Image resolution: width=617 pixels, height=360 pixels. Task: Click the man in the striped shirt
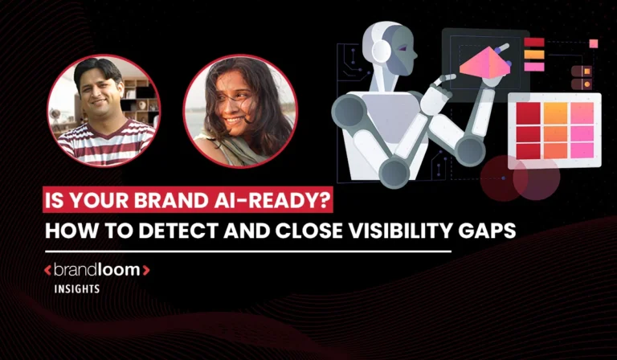104,112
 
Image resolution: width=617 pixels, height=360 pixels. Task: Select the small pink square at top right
594,43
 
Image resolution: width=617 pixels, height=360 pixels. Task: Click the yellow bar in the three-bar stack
534,54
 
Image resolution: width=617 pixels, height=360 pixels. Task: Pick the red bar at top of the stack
534,42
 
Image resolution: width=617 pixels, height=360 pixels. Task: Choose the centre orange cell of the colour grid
555,131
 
